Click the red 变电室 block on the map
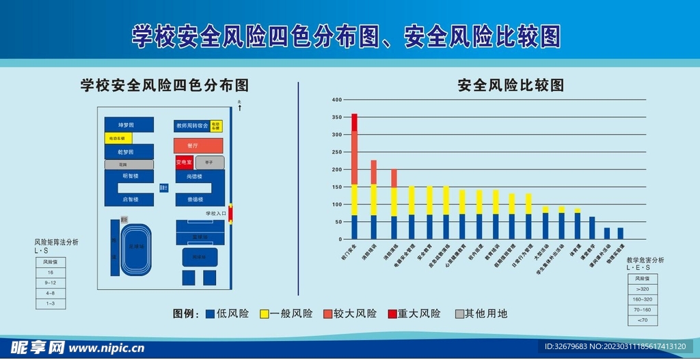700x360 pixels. [184, 162]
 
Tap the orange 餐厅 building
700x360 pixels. [198, 146]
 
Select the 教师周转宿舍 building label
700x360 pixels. [191, 126]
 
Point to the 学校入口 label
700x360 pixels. [216, 214]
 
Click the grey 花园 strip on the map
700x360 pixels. [129, 165]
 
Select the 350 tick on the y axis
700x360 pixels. [336, 117]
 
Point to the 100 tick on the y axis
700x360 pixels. [336, 204]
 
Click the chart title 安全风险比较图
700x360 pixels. [511, 85]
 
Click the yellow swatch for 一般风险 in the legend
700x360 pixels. [263, 314]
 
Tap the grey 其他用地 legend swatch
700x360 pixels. [458, 314]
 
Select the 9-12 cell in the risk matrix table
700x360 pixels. [51, 282]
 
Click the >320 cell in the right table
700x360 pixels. [642, 290]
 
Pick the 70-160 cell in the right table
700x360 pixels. [642, 309]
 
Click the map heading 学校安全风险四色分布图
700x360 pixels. [164, 85]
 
